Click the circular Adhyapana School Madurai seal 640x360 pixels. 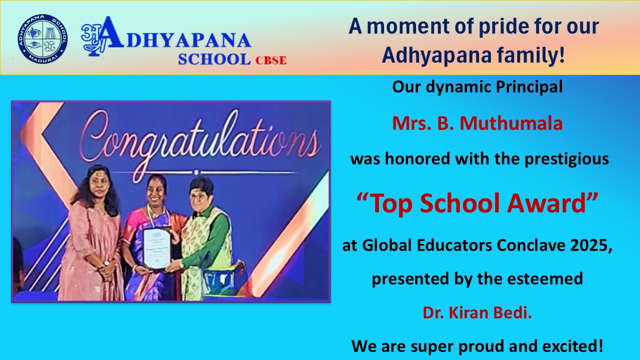42,39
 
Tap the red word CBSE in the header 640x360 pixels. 270,60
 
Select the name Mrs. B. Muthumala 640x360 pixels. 477,123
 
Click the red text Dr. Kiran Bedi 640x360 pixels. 477,312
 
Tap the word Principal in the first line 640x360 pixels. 529,87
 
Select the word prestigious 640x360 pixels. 566,159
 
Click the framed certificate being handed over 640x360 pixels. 157,247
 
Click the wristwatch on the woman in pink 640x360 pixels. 106,263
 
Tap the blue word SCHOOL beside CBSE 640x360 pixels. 214,59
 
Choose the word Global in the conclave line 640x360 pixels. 387,245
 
